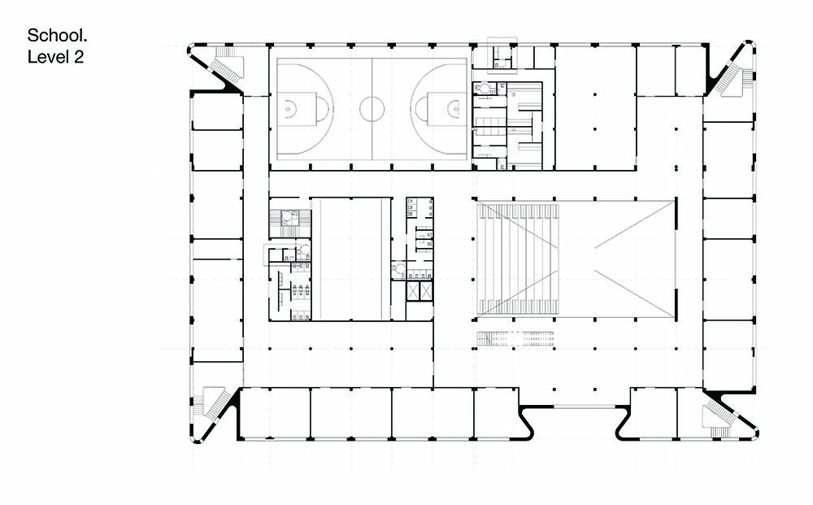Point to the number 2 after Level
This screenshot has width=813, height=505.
tap(78, 56)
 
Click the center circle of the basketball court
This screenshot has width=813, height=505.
tap(372, 110)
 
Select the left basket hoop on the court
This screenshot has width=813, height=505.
tap(288, 110)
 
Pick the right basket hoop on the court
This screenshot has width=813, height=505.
tap(456, 110)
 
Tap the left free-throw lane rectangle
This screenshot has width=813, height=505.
tap(297, 109)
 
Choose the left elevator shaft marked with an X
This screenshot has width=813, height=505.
tap(413, 291)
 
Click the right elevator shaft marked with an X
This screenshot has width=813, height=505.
tap(426, 291)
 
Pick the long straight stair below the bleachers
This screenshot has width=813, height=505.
tap(515, 338)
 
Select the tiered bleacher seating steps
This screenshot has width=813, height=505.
tap(518, 259)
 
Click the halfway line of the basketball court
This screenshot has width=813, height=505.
tap(372, 110)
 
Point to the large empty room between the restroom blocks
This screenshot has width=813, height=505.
tap(351, 259)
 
